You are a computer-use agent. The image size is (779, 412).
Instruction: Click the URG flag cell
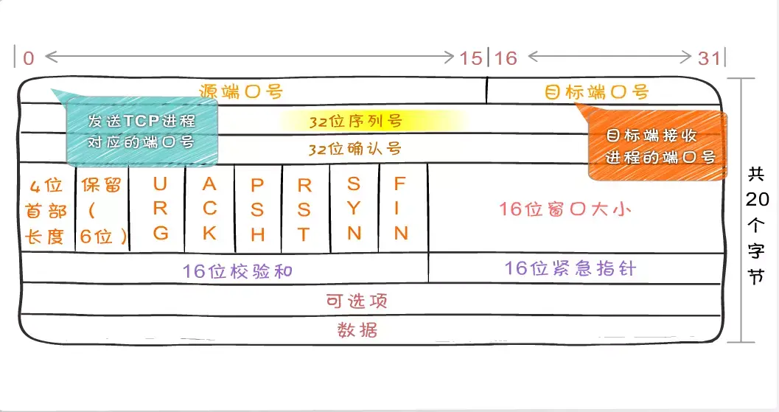coord(161,208)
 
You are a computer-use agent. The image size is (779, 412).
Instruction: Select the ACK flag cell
coord(209,208)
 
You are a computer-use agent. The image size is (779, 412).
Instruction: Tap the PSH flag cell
coord(257,209)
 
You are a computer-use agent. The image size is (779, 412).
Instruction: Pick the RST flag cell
coord(304,209)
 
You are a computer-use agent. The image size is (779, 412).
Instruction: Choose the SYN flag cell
coord(354,208)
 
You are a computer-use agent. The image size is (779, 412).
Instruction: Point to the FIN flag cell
coord(401,208)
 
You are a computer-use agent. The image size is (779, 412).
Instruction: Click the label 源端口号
coord(241,91)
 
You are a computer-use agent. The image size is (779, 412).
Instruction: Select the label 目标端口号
coord(596,92)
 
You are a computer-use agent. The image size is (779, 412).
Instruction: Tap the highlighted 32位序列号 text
coord(355,121)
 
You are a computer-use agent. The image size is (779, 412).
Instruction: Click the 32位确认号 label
coord(355,149)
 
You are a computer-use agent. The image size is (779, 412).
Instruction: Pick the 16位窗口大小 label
coord(565,209)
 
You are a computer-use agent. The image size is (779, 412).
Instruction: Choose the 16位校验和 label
coord(237,270)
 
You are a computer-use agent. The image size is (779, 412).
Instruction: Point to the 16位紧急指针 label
coord(570,268)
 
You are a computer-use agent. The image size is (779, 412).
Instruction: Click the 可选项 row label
coord(357,301)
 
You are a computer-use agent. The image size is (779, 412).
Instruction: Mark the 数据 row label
coord(357,329)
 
